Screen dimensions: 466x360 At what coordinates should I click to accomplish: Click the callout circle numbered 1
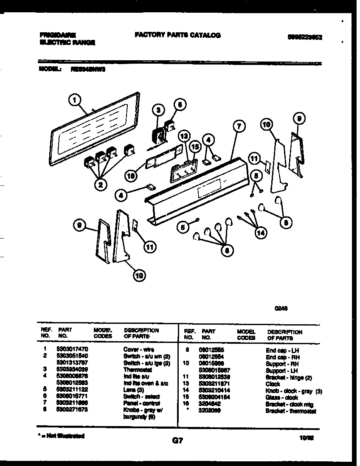pyautogui.click(x=74, y=101)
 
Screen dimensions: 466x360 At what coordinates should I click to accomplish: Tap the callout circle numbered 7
pyautogui.click(x=239, y=126)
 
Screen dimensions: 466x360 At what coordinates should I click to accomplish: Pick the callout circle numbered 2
pyautogui.click(x=101, y=184)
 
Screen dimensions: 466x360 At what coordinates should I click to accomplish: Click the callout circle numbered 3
pyautogui.click(x=158, y=110)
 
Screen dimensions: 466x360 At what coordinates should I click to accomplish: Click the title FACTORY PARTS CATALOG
pyautogui.click(x=177, y=35)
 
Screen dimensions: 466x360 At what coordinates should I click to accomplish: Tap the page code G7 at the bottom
pyautogui.click(x=177, y=441)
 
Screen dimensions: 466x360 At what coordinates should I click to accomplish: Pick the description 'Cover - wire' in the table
pyautogui.click(x=138, y=349)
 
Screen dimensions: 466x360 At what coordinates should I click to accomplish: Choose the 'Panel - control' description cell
pyautogui.click(x=141, y=403)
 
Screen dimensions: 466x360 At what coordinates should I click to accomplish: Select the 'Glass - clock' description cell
pyautogui.click(x=281, y=397)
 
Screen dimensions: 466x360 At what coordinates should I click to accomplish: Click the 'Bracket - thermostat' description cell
pyautogui.click(x=291, y=411)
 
